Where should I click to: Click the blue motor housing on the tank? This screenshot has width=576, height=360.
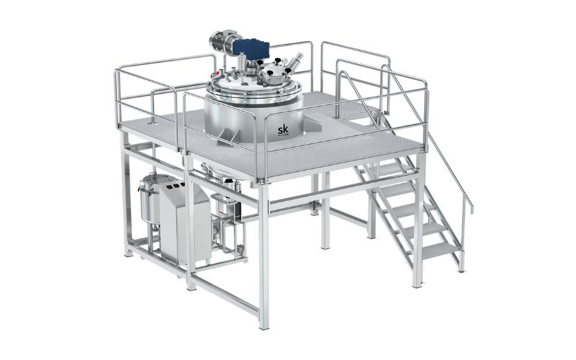point(251,49)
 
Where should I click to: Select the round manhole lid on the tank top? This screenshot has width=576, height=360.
point(274,72)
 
